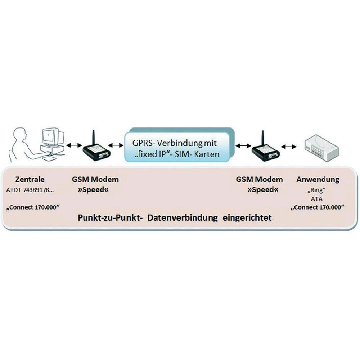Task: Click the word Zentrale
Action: coord(30,179)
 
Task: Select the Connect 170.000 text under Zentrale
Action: coord(33,207)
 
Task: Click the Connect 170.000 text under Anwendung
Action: coord(318,207)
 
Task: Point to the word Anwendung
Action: coord(318,179)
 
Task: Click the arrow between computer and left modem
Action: coord(73,145)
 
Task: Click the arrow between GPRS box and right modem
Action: coord(243,145)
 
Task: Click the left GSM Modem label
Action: coord(95,179)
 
